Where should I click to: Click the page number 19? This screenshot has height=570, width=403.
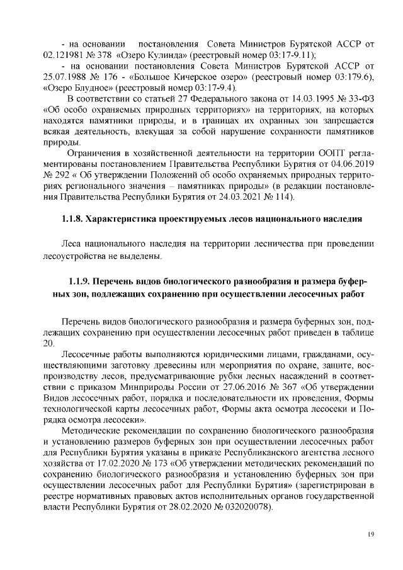pos(370,535)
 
